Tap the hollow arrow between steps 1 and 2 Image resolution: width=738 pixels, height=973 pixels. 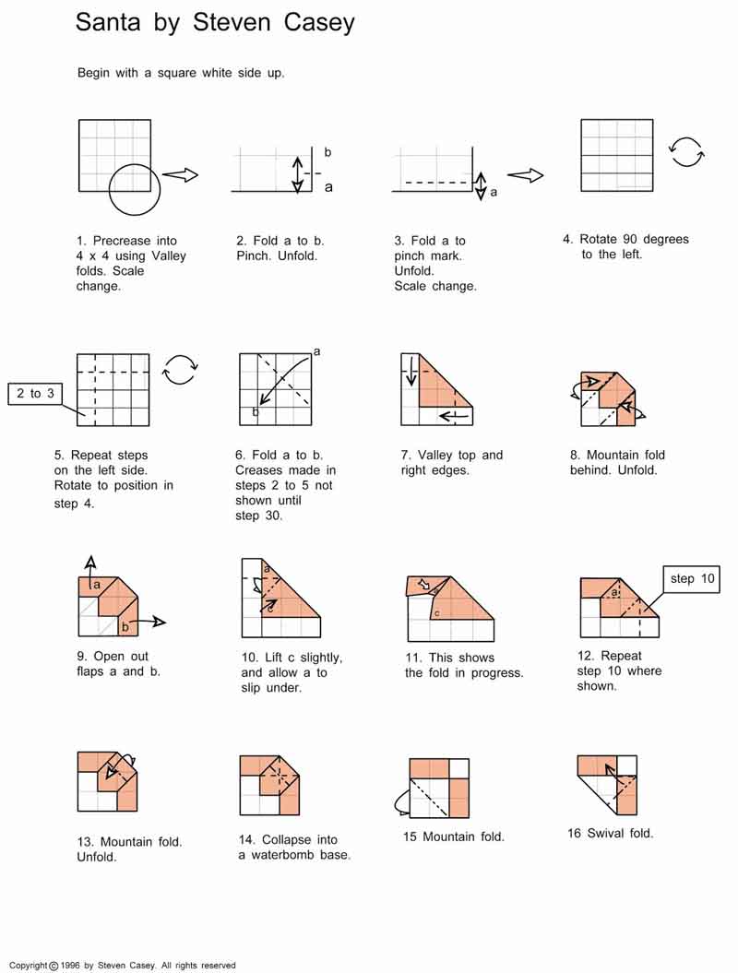181,174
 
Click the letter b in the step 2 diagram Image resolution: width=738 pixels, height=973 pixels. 327,152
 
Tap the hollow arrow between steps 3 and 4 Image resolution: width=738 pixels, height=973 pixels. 525,175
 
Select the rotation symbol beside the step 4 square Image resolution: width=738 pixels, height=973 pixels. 686,151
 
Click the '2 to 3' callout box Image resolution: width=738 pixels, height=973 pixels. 36,394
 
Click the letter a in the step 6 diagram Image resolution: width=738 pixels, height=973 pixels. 316,351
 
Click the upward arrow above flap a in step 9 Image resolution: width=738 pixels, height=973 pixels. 90,564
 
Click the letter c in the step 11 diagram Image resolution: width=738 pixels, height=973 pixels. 435,613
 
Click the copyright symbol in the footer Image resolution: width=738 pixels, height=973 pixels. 54,966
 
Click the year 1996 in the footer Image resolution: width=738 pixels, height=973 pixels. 72,966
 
